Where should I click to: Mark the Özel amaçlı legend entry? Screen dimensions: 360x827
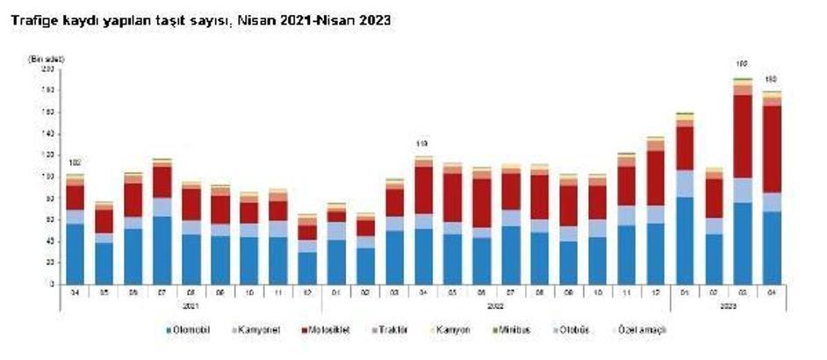[639, 329]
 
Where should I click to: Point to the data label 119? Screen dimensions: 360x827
[422, 144]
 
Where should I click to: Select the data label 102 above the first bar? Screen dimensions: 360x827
[75, 162]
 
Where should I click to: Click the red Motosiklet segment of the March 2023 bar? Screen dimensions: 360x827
[743, 136]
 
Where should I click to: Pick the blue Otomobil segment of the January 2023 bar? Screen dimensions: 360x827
[685, 240]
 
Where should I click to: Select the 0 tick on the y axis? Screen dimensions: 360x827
[52, 284]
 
